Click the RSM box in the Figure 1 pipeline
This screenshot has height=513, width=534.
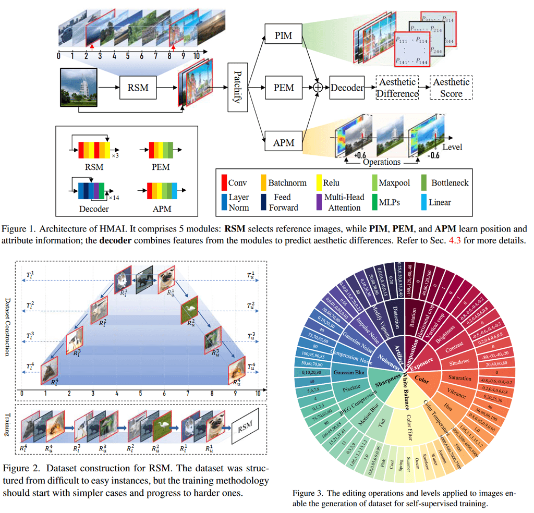pyautogui.click(x=138, y=88)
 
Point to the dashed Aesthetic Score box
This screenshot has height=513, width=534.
pyautogui.click(x=451, y=88)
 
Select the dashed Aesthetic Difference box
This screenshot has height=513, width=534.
pyautogui.click(x=398, y=88)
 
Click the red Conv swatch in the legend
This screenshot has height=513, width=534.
pyautogui.click(x=224, y=182)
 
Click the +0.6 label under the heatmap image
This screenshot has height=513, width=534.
pyautogui.click(x=359, y=154)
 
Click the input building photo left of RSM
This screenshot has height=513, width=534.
pyautogui.click(x=79, y=84)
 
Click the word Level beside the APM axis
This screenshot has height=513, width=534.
pyautogui.click(x=452, y=148)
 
